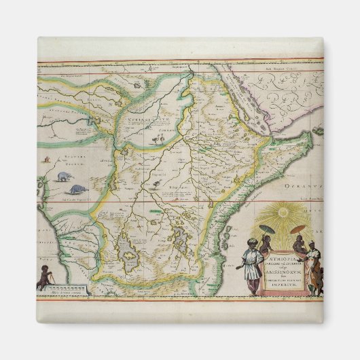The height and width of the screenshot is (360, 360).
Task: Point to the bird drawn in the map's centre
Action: coord(156,183)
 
